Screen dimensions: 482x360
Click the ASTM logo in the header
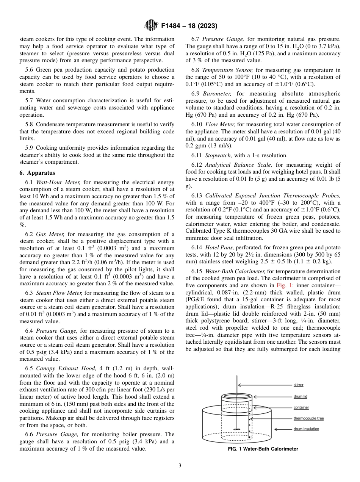[x=152, y=26]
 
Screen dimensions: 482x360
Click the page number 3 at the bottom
[x=180, y=465]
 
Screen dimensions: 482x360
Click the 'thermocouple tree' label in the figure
[x=308, y=418]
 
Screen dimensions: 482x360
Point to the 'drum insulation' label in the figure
[x=306, y=429]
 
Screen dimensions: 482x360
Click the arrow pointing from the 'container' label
[x=273, y=407]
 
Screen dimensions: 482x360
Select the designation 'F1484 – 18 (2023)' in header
[x=189, y=26]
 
